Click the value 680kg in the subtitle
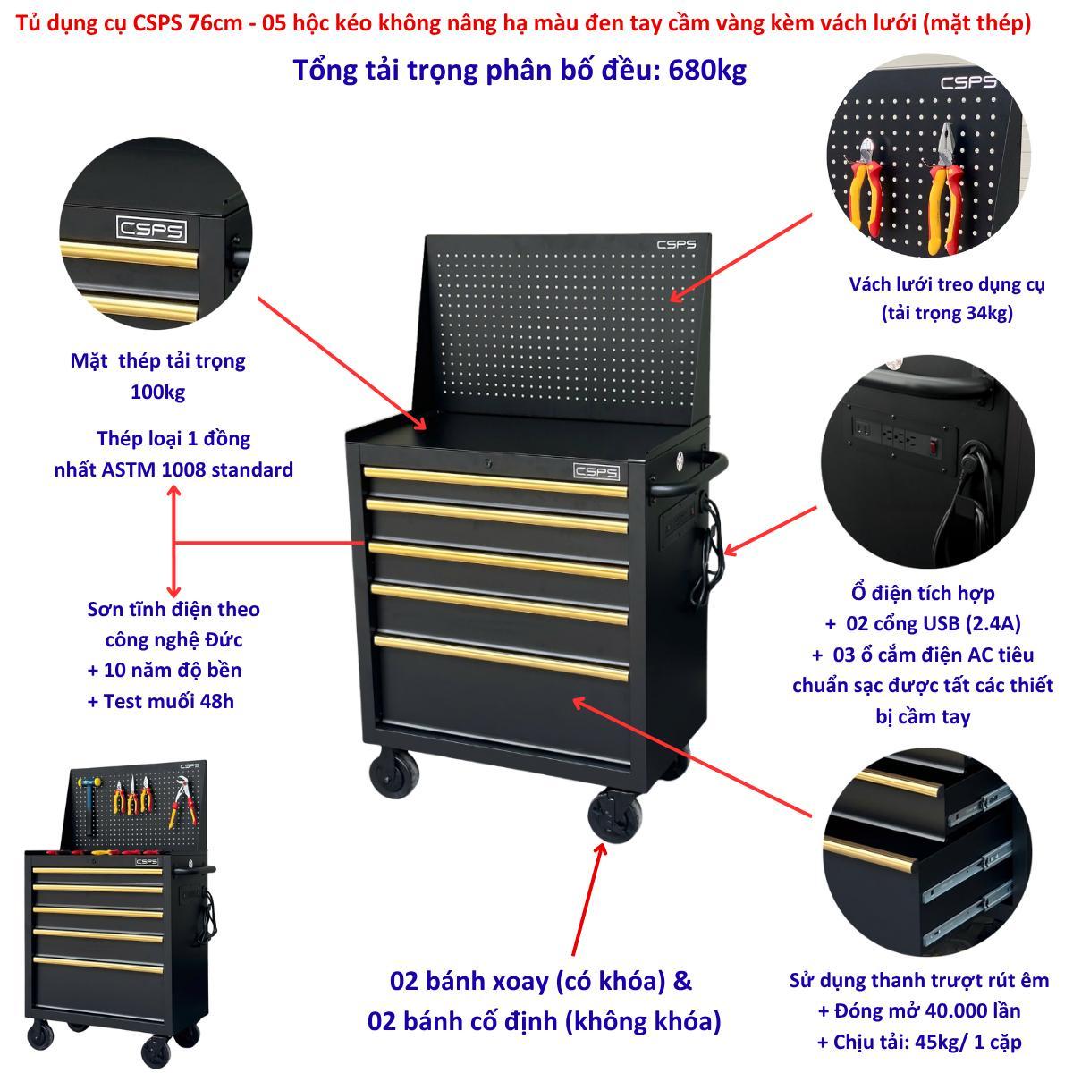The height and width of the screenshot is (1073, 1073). [x=707, y=71]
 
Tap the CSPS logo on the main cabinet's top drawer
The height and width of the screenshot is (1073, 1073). [x=596, y=471]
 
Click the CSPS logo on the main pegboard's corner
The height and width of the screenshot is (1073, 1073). [x=676, y=244]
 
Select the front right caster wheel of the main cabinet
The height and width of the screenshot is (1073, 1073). [x=614, y=816]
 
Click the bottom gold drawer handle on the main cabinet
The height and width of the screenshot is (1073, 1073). [x=502, y=659]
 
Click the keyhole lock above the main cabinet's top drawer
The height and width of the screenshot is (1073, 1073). [x=488, y=462]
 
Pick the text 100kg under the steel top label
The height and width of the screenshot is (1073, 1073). [x=157, y=393]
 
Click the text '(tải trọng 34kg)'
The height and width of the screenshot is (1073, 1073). [x=947, y=314]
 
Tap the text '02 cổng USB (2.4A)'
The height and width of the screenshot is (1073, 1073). [x=933, y=623]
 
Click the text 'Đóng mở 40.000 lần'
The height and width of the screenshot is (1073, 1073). [x=927, y=1010]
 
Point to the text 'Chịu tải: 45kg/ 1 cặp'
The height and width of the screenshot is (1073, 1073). [x=927, y=1042]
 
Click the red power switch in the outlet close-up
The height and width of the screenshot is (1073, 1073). [x=934, y=445]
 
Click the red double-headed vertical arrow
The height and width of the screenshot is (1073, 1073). [x=174, y=542]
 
